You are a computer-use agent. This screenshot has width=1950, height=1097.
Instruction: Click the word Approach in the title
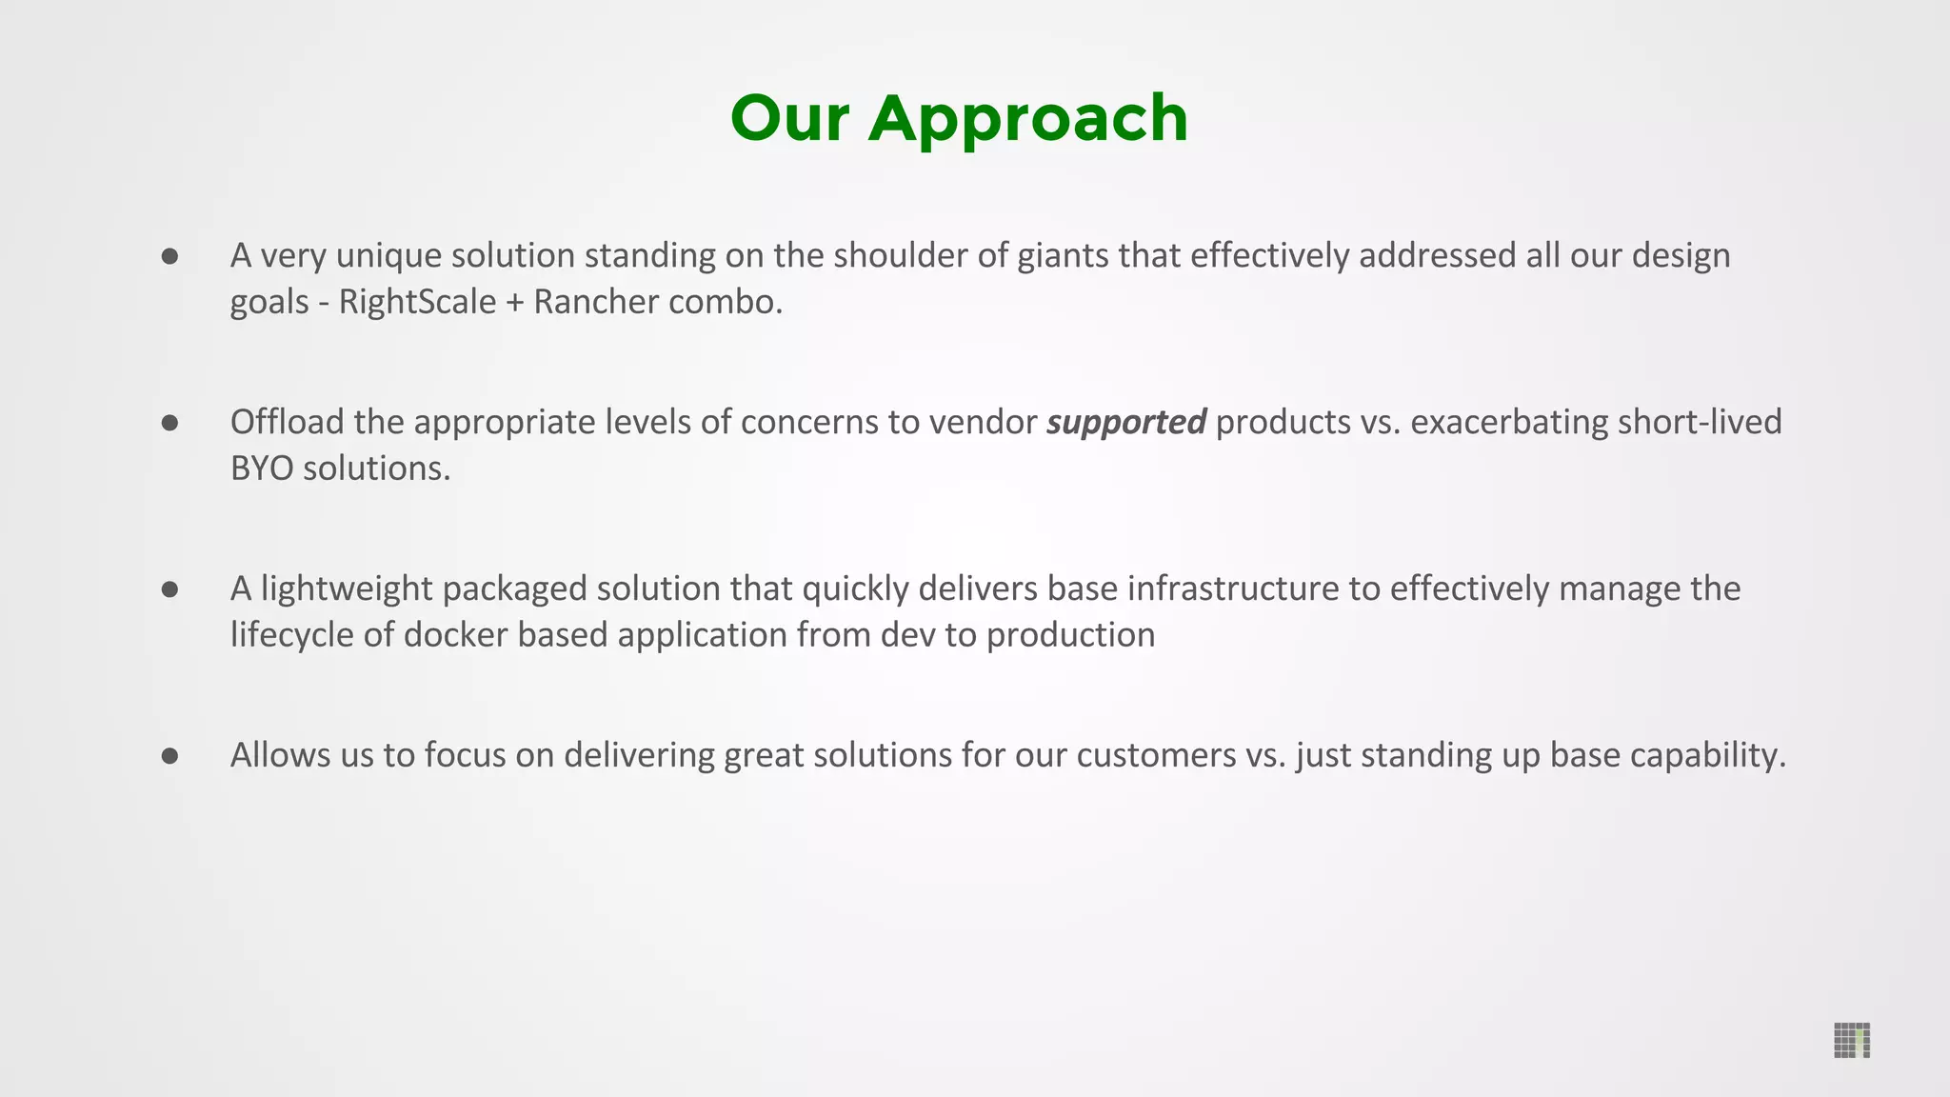(x=1028, y=120)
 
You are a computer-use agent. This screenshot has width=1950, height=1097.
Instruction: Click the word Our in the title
(x=789, y=120)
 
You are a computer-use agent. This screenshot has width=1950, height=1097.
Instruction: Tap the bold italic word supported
(x=1126, y=422)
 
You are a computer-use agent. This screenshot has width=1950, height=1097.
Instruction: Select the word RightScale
(x=417, y=302)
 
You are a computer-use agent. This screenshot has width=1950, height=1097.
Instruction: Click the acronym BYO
(x=262, y=469)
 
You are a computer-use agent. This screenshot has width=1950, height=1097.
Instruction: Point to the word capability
(x=1707, y=756)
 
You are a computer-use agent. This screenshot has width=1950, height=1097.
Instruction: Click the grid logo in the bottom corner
(x=1851, y=1040)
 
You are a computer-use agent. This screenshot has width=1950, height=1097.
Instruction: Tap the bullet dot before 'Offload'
(x=170, y=423)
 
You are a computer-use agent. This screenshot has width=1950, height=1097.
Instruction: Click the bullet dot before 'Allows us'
(x=170, y=756)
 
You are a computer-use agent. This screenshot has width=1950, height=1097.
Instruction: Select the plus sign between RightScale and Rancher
(x=515, y=303)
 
